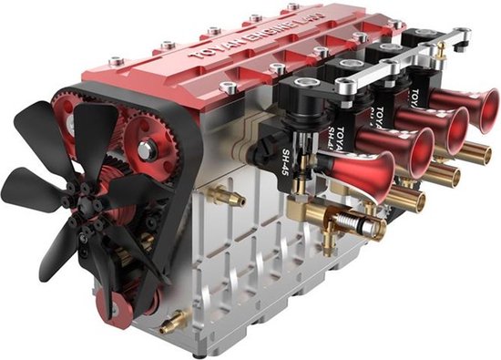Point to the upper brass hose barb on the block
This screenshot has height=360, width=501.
pos(223,195)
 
